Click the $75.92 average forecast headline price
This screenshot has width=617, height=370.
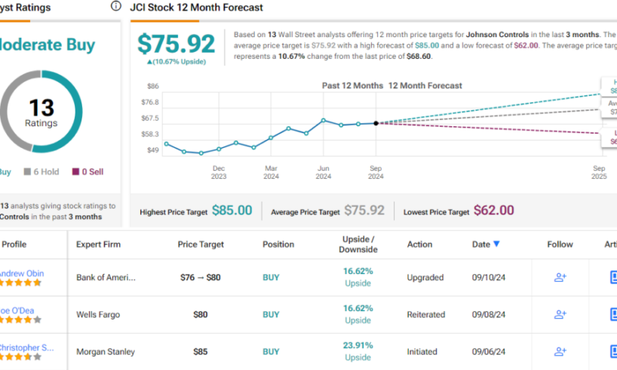click(x=177, y=43)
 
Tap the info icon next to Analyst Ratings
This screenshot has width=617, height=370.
click(x=115, y=6)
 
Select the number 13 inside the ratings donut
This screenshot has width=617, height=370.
click(x=42, y=107)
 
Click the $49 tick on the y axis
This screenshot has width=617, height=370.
click(x=153, y=150)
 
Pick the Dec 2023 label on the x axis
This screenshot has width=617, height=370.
click(x=219, y=172)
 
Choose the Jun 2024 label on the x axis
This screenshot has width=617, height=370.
click(x=324, y=172)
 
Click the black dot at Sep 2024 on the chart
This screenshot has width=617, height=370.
click(x=376, y=122)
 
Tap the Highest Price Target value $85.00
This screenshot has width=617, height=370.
click(x=232, y=211)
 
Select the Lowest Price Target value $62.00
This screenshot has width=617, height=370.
click(x=493, y=211)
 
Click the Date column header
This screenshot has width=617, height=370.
click(x=486, y=244)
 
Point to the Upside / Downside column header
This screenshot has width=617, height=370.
click(x=358, y=244)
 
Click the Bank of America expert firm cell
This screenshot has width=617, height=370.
click(x=106, y=277)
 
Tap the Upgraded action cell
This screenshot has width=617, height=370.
click(x=425, y=277)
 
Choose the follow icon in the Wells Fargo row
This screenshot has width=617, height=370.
click(x=560, y=314)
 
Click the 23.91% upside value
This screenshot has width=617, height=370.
click(x=358, y=346)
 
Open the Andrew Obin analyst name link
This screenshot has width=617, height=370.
click(x=23, y=273)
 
